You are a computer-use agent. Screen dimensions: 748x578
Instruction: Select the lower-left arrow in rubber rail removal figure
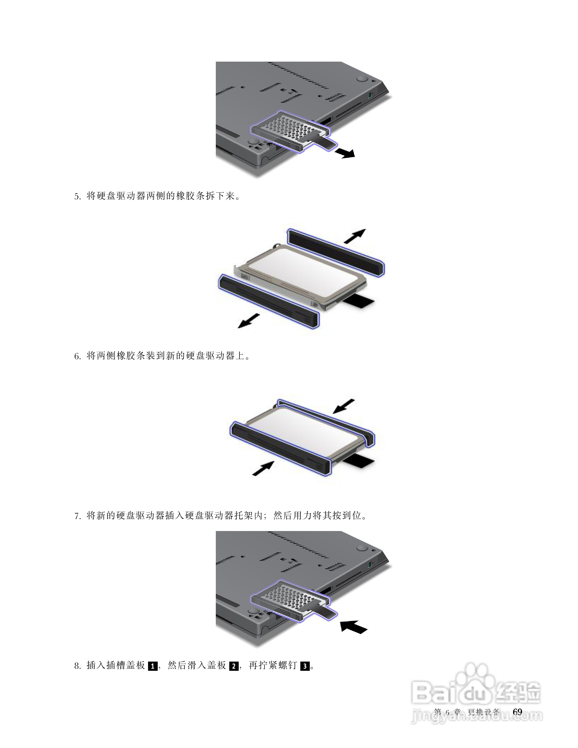249,321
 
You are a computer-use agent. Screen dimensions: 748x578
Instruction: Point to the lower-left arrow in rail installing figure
263,468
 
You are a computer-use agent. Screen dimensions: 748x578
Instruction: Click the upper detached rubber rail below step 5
336,252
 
